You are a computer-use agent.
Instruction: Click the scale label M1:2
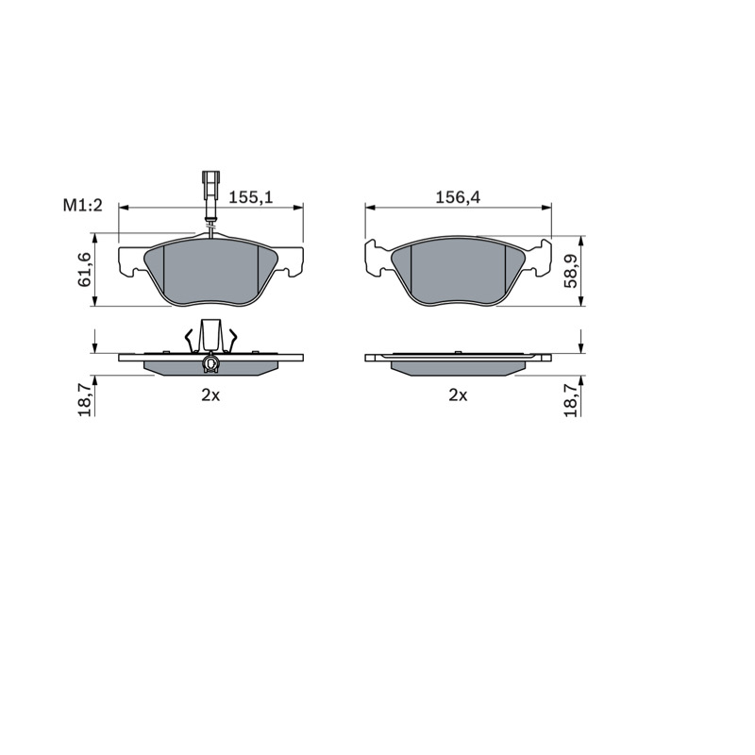pos(83,206)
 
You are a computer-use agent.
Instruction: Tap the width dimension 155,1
pos(250,197)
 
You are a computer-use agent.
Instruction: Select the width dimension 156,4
pos(458,197)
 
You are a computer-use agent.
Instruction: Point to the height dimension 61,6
pos(85,271)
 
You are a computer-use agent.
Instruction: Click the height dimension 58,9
pos(571,272)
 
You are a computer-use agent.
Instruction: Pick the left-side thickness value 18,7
pos(85,399)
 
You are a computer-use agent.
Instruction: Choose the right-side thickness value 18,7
pos(571,399)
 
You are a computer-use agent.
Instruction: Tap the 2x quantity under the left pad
pos(210,395)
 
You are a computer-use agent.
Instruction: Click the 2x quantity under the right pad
pos(458,395)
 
